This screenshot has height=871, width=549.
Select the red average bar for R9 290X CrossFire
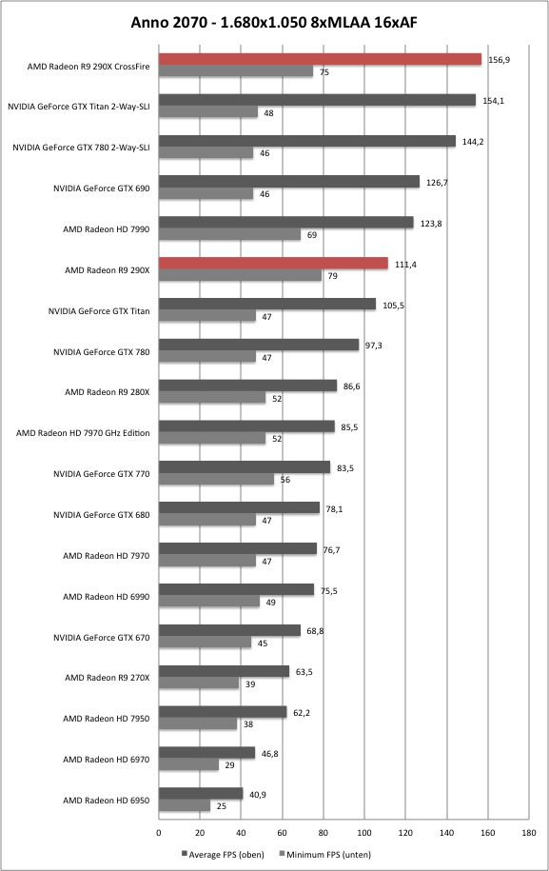coord(321,59)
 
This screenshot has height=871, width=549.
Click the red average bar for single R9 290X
coord(274,264)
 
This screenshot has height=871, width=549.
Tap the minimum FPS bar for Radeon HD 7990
coord(230,235)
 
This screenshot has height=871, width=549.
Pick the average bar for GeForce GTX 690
coord(289,182)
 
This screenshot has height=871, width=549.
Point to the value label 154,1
coord(492,101)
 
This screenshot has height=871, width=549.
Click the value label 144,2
coord(472,142)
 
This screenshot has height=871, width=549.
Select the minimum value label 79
coord(332,276)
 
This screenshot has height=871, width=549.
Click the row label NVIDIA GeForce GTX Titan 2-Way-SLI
coord(78,107)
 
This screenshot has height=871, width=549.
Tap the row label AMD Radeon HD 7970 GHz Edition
coord(83,433)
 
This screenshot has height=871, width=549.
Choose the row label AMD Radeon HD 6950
coord(106,801)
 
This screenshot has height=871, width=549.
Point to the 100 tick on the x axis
coord(364,833)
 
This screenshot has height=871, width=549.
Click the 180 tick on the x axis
coord(529,833)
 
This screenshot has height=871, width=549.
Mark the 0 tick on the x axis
coord(159,833)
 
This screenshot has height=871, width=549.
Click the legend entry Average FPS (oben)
coord(223,854)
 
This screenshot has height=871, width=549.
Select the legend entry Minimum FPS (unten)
coord(324,854)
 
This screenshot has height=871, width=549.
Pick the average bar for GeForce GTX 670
coord(230,630)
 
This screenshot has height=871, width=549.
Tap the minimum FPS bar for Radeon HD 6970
coord(188,765)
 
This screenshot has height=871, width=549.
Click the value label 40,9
coord(258,795)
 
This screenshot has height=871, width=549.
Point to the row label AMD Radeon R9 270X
coord(108,678)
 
